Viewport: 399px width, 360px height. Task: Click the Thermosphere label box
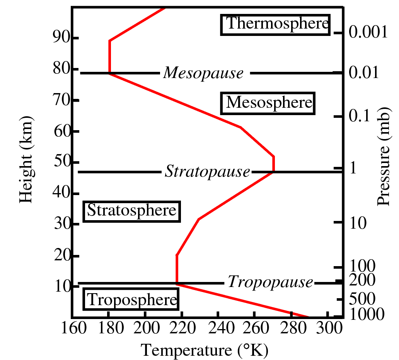click(275, 24)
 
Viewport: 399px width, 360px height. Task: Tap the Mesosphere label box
click(268, 103)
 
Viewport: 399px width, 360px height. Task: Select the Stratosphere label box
click(132, 211)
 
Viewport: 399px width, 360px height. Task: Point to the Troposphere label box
click(131, 300)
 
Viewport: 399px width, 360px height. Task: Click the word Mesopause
click(203, 73)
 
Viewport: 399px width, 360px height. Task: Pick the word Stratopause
click(208, 172)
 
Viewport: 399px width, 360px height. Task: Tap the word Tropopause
click(270, 282)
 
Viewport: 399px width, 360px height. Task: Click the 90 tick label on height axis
click(60, 38)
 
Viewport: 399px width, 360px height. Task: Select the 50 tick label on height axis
click(60, 162)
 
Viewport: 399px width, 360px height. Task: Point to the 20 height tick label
click(60, 256)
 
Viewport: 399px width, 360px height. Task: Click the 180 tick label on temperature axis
click(108, 331)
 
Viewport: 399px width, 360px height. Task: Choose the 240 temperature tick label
click(219, 331)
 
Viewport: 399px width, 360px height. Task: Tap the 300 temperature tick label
click(328, 331)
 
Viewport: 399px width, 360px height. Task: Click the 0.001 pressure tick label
click(368, 33)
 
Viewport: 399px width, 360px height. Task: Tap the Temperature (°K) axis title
click(205, 350)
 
